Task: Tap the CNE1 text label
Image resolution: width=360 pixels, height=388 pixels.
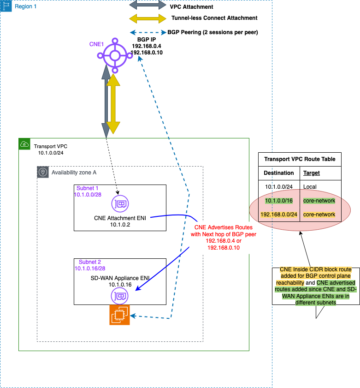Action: pyautogui.click(x=96, y=44)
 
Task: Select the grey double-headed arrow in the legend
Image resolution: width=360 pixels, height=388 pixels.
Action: pyautogui.click(x=148, y=5)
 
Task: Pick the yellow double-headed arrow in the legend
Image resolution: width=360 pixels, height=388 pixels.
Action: pyautogui.click(x=148, y=19)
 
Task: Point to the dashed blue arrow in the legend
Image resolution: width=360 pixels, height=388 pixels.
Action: pyautogui.click(x=148, y=32)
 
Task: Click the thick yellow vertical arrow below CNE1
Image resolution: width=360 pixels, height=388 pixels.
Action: pyautogui.click(x=113, y=104)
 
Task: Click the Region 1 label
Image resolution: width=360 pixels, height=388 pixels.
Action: pyautogui.click(x=26, y=6)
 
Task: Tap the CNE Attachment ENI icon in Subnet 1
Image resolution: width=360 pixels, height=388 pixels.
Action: pyautogui.click(x=120, y=203)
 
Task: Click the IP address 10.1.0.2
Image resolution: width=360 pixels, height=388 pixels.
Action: pyautogui.click(x=120, y=225)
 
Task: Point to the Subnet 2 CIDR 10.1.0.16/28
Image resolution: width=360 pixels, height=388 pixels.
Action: pyautogui.click(x=92, y=268)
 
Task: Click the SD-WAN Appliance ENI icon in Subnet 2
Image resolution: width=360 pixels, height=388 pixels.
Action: pyautogui.click(x=120, y=295)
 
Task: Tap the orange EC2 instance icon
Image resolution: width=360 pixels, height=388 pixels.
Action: pyautogui.click(x=119, y=315)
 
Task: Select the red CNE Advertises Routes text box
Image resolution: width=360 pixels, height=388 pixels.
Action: pyautogui.click(x=224, y=238)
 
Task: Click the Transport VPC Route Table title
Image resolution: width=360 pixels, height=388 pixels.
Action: pyautogui.click(x=300, y=160)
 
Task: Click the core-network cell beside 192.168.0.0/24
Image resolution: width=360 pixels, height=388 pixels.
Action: pyautogui.click(x=319, y=215)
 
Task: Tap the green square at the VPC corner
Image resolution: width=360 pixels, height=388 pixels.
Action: pyautogui.click(x=24, y=144)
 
